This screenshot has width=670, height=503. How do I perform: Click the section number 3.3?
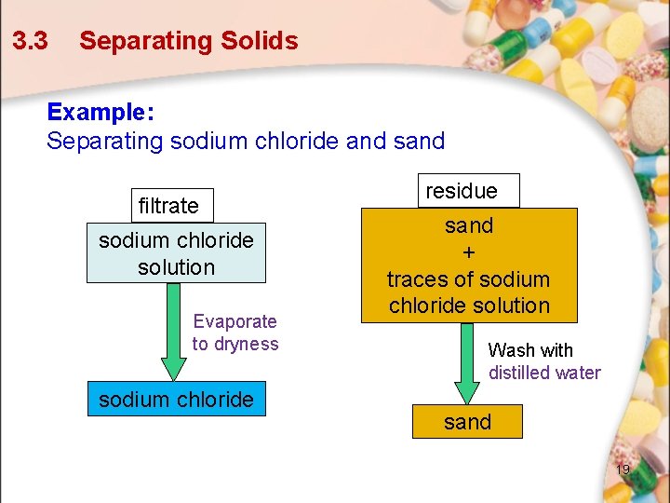[30, 41]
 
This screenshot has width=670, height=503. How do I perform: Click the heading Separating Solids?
[188, 41]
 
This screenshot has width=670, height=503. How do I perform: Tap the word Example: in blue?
[100, 112]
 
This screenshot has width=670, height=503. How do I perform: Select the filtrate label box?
[169, 205]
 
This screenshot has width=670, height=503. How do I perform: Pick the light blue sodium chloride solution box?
[176, 253]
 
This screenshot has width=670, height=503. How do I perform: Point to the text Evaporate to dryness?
[235, 333]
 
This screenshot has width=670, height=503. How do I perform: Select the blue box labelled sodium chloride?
[176, 399]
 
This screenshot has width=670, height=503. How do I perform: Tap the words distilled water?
[544, 374]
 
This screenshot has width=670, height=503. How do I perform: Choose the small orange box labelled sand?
[467, 422]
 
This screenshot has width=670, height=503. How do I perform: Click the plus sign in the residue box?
[468, 252]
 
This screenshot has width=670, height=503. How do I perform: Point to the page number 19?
[623, 469]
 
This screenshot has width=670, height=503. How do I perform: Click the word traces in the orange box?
[417, 279]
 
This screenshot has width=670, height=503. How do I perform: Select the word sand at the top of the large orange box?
[469, 225]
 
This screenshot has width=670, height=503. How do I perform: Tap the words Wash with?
[530, 350]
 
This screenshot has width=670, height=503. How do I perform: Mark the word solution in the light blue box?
[176, 267]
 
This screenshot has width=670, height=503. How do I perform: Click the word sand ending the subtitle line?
[418, 142]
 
